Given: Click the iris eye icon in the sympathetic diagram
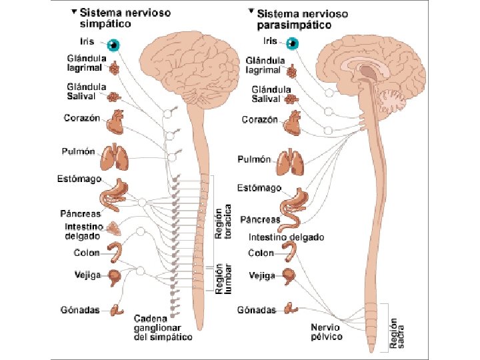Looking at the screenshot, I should point(115,45).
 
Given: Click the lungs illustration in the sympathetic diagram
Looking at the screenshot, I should point(113,158).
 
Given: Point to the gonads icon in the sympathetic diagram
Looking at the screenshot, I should point(117,309).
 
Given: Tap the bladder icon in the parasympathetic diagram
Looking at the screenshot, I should point(289,275).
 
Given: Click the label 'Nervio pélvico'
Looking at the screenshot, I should point(327,332).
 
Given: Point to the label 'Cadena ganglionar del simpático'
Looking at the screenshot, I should point(163,327).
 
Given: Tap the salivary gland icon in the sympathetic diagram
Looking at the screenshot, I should point(115,97).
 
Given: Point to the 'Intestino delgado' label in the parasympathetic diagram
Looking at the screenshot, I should point(286,237).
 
